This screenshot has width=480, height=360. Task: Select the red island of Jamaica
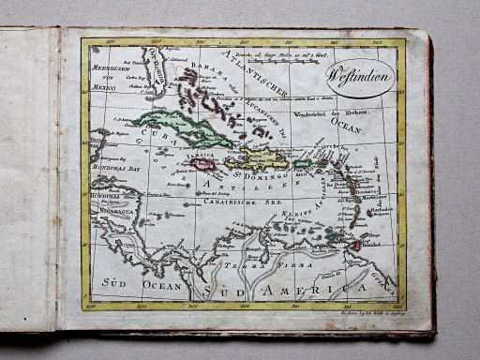203,164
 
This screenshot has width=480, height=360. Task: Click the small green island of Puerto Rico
301,163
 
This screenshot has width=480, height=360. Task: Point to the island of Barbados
375,212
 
